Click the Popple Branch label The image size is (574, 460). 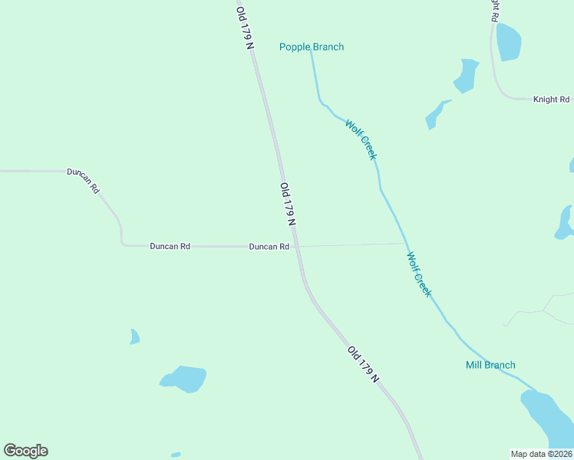pos(311,47)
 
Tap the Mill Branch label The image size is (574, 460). pos(490,365)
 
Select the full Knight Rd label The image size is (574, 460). pos(551,100)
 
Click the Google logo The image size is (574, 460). pos(25,451)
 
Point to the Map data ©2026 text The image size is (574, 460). pos(541,454)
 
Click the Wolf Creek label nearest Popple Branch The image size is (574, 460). pos(361,140)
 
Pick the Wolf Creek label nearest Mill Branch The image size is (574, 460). pos(419,274)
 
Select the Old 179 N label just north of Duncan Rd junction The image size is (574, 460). pos(288,204)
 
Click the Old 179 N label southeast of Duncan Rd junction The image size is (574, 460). pos(363,364)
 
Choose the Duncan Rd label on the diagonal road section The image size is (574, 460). pos(84,179)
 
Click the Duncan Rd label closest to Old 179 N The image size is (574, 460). pos(269,247)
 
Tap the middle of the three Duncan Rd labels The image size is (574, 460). pos(170,247)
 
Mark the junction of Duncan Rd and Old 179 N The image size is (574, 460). pos(297,246)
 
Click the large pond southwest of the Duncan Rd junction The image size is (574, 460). pos(184,378)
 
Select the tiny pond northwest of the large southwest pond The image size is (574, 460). pos(134,337)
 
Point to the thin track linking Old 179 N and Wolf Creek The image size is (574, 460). pos(353,245)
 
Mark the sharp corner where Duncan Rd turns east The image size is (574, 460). pos(123,244)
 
